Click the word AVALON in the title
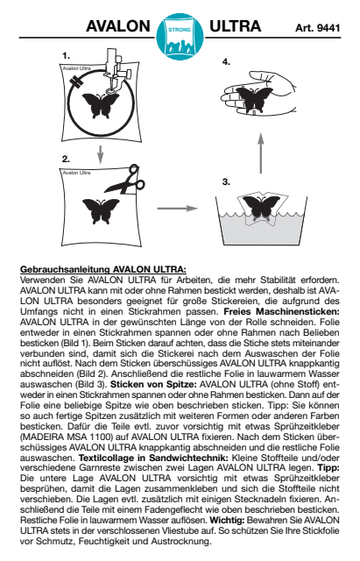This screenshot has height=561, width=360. click(118, 26)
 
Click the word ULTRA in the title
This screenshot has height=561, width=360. click(235, 26)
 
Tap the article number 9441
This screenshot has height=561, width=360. click(328, 28)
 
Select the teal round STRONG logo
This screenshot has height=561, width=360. click(180, 37)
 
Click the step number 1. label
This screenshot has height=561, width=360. click(66, 56)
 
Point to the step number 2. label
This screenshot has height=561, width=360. click(66, 160)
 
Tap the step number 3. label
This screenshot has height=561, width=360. click(226, 181)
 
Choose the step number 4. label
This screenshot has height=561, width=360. click(226, 62)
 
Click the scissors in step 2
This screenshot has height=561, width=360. click(125, 181)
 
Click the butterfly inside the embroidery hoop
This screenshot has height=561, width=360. click(101, 105)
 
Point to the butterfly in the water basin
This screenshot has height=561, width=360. click(261, 209)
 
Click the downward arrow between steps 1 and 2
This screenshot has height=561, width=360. click(101, 154)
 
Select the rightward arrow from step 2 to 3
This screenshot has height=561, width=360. click(178, 209)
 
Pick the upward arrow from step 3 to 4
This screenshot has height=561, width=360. click(261, 153)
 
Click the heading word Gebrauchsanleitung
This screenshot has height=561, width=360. click(65, 269)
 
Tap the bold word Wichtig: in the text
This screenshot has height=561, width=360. click(227, 520)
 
